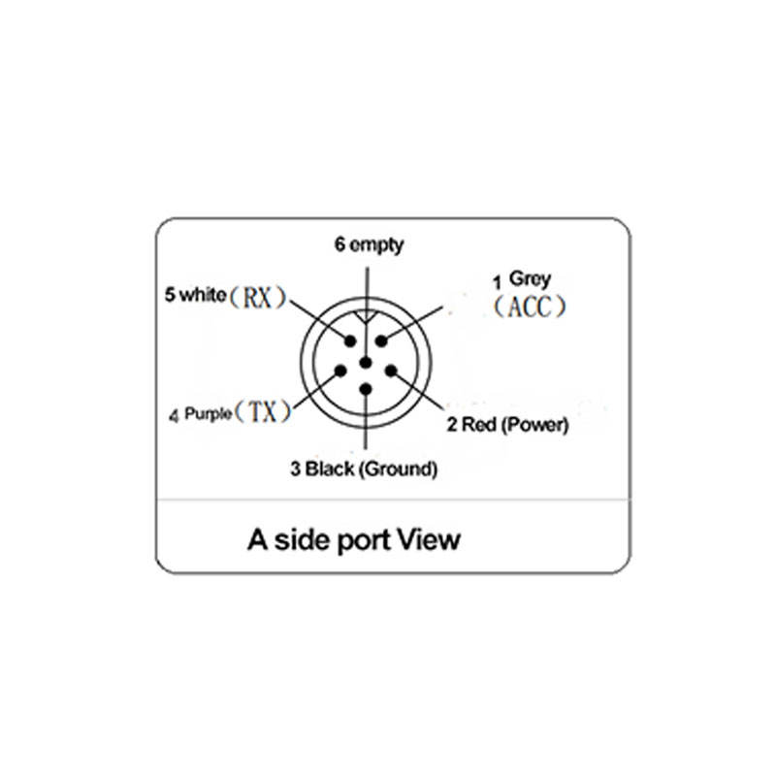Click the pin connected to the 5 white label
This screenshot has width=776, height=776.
(350, 340)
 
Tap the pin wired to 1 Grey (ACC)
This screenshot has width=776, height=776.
(381, 340)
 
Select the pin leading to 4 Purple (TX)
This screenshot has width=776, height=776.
(340, 371)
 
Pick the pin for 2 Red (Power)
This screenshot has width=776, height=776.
(391, 371)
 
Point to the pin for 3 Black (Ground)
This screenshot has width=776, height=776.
(366, 389)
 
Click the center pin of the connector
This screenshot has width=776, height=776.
(366, 364)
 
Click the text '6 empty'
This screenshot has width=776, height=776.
(370, 244)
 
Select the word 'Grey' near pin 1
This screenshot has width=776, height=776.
(531, 279)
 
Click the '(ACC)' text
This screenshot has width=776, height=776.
(527, 307)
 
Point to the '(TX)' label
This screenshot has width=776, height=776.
(264, 412)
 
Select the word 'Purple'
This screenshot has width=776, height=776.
(208, 414)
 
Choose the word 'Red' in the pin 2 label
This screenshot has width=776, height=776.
(479, 424)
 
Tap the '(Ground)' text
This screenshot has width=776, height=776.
(398, 470)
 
